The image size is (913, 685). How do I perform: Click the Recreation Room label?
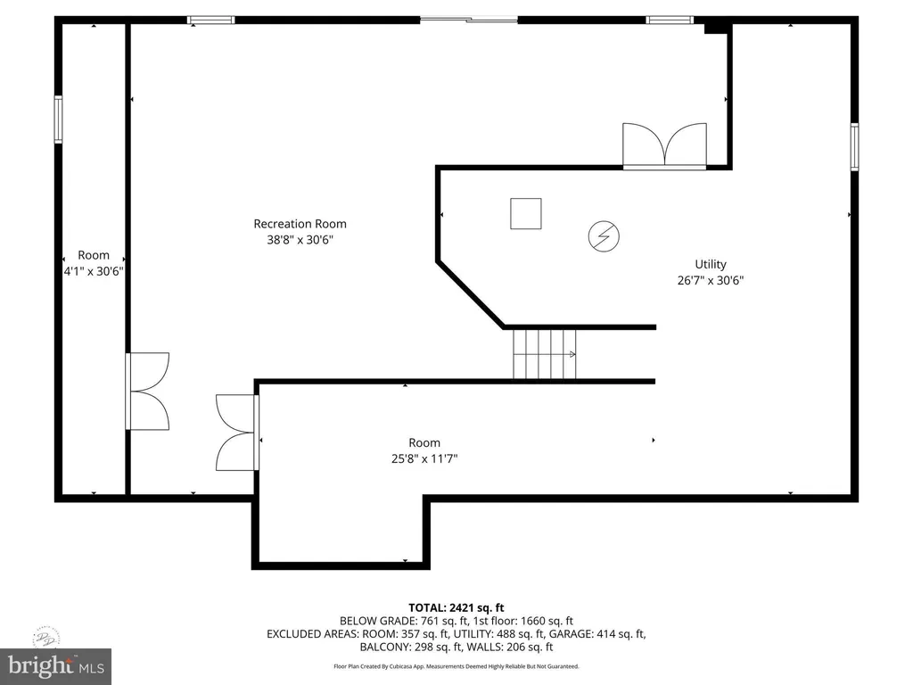pyautogui.click(x=300, y=224)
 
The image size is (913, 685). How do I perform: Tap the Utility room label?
pyautogui.click(x=711, y=264)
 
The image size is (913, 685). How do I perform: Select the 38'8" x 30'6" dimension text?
pyautogui.click(x=300, y=239)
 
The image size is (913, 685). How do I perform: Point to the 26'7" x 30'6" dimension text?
pyautogui.click(x=711, y=280)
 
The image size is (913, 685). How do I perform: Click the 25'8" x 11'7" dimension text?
pyautogui.click(x=424, y=458)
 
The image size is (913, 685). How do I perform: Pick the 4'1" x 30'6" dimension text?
pyautogui.click(x=93, y=271)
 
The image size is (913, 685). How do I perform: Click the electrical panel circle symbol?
pyautogui.click(x=604, y=236)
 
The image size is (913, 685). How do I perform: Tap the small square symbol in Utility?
pyautogui.click(x=526, y=213)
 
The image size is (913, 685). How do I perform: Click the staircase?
pyautogui.click(x=545, y=354)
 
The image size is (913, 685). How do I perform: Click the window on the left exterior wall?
pyautogui.click(x=58, y=120)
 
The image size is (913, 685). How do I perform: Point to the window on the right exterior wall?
pyautogui.click(x=854, y=147)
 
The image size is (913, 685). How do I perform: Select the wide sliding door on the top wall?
pyautogui.click(x=469, y=20)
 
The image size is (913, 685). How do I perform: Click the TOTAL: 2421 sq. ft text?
pyautogui.click(x=456, y=608)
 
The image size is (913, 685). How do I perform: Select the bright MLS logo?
pyautogui.click(x=56, y=665)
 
